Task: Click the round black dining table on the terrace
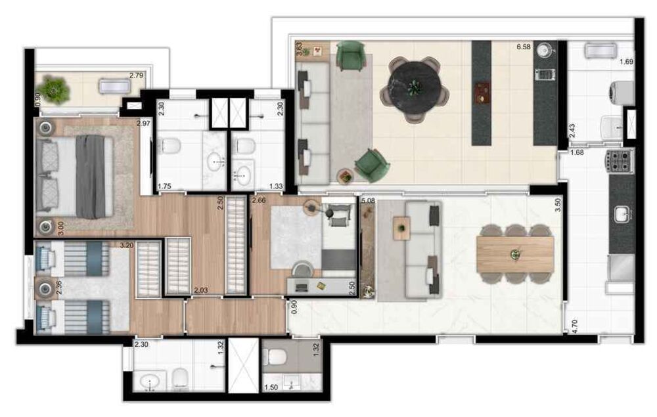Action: tap(415, 86)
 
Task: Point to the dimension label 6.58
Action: tap(523, 47)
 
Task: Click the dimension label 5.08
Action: tap(368, 200)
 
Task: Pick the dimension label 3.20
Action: tap(126, 246)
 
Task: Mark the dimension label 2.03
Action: tap(201, 290)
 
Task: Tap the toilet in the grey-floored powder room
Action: tap(275, 357)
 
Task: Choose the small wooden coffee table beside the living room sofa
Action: tap(401, 229)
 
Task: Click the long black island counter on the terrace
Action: tap(481, 93)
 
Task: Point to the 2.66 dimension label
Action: tap(259, 200)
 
